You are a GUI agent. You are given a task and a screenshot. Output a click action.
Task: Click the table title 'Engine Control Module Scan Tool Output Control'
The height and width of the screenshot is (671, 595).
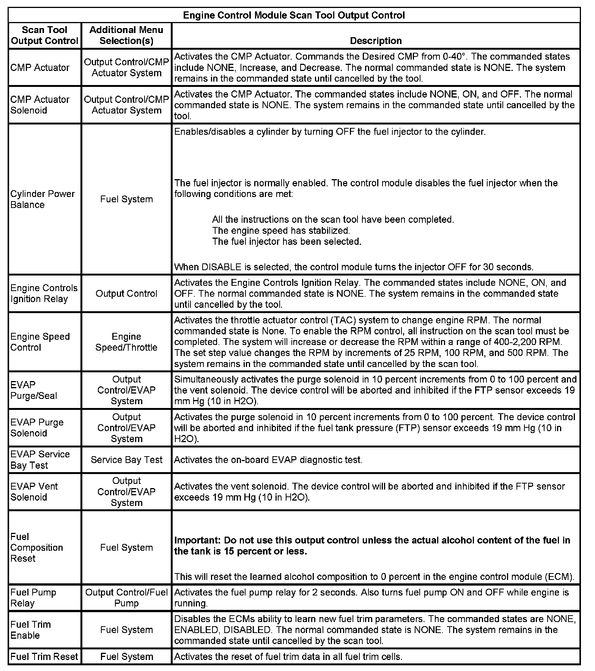[294, 15]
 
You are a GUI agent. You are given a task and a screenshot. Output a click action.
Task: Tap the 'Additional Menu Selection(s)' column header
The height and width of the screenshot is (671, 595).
[126, 35]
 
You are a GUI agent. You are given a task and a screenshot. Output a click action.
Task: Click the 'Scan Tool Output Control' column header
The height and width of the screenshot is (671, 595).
[44, 35]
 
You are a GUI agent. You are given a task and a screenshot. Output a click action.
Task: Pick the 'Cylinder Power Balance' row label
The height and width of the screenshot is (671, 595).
[42, 199]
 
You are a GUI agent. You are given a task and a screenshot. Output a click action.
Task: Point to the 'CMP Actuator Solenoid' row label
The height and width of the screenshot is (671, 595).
[40, 105]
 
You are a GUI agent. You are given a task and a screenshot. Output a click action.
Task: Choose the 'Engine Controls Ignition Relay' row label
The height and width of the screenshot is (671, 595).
[44, 293]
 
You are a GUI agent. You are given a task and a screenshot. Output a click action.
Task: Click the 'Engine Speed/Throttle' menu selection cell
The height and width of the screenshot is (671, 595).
[126, 342]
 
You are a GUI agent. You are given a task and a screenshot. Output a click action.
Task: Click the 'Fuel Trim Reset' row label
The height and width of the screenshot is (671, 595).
[44, 657]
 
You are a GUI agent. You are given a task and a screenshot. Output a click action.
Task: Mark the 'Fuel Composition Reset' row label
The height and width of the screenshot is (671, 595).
[36, 547]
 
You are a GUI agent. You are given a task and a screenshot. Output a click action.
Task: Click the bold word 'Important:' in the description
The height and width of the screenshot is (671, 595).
[197, 540]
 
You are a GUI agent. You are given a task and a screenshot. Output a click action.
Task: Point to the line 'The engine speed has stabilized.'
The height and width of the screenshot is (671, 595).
[281, 230]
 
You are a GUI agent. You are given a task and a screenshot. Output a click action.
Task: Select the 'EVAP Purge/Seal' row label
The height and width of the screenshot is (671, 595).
[34, 390]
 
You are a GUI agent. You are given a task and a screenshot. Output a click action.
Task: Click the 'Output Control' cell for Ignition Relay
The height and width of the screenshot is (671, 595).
[126, 293]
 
